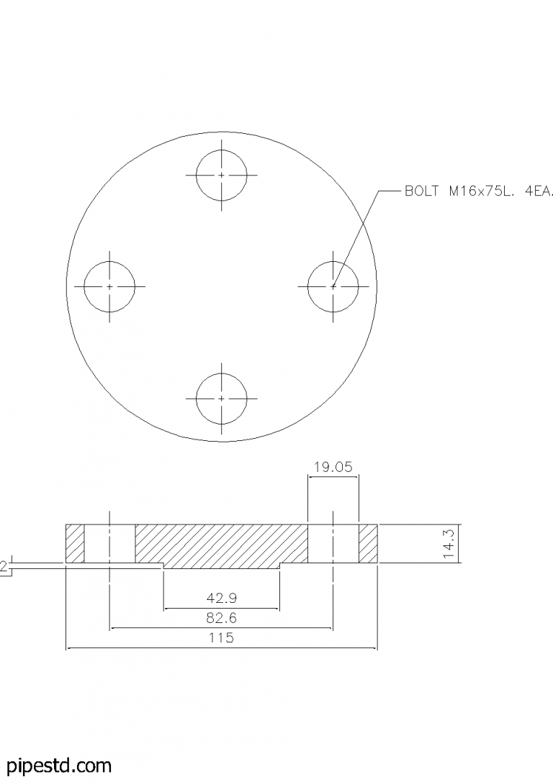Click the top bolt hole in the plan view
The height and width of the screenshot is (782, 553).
point(221,175)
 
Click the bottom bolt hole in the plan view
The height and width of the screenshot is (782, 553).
point(221,398)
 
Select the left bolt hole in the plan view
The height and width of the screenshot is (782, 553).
point(109,286)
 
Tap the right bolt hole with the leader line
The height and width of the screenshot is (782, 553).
point(333,286)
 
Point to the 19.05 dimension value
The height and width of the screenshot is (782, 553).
point(333,467)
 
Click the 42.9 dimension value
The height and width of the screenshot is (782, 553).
point(221,598)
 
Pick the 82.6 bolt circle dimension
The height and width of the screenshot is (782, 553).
point(221,618)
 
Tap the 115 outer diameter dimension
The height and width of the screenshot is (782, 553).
point(221,638)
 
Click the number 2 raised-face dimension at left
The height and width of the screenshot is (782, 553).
point(4,568)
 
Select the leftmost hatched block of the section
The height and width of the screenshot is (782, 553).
point(75,544)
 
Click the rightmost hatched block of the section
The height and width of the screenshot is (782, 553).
point(368,544)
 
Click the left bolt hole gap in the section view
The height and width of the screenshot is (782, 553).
point(109,544)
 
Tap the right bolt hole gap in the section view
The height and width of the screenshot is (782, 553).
point(333,544)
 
